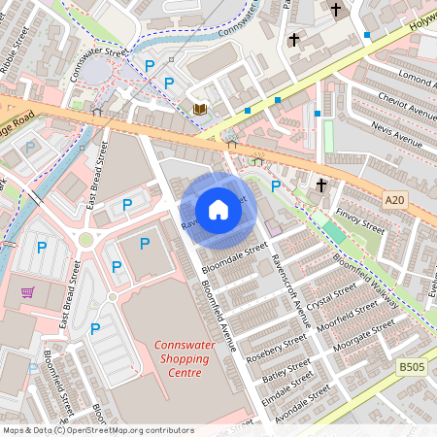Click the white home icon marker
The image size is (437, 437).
point(218,210)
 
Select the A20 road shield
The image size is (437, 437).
point(393,200)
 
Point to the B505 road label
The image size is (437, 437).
point(412,366)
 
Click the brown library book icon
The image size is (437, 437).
point(199,109)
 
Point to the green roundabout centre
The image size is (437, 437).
point(85,240)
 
